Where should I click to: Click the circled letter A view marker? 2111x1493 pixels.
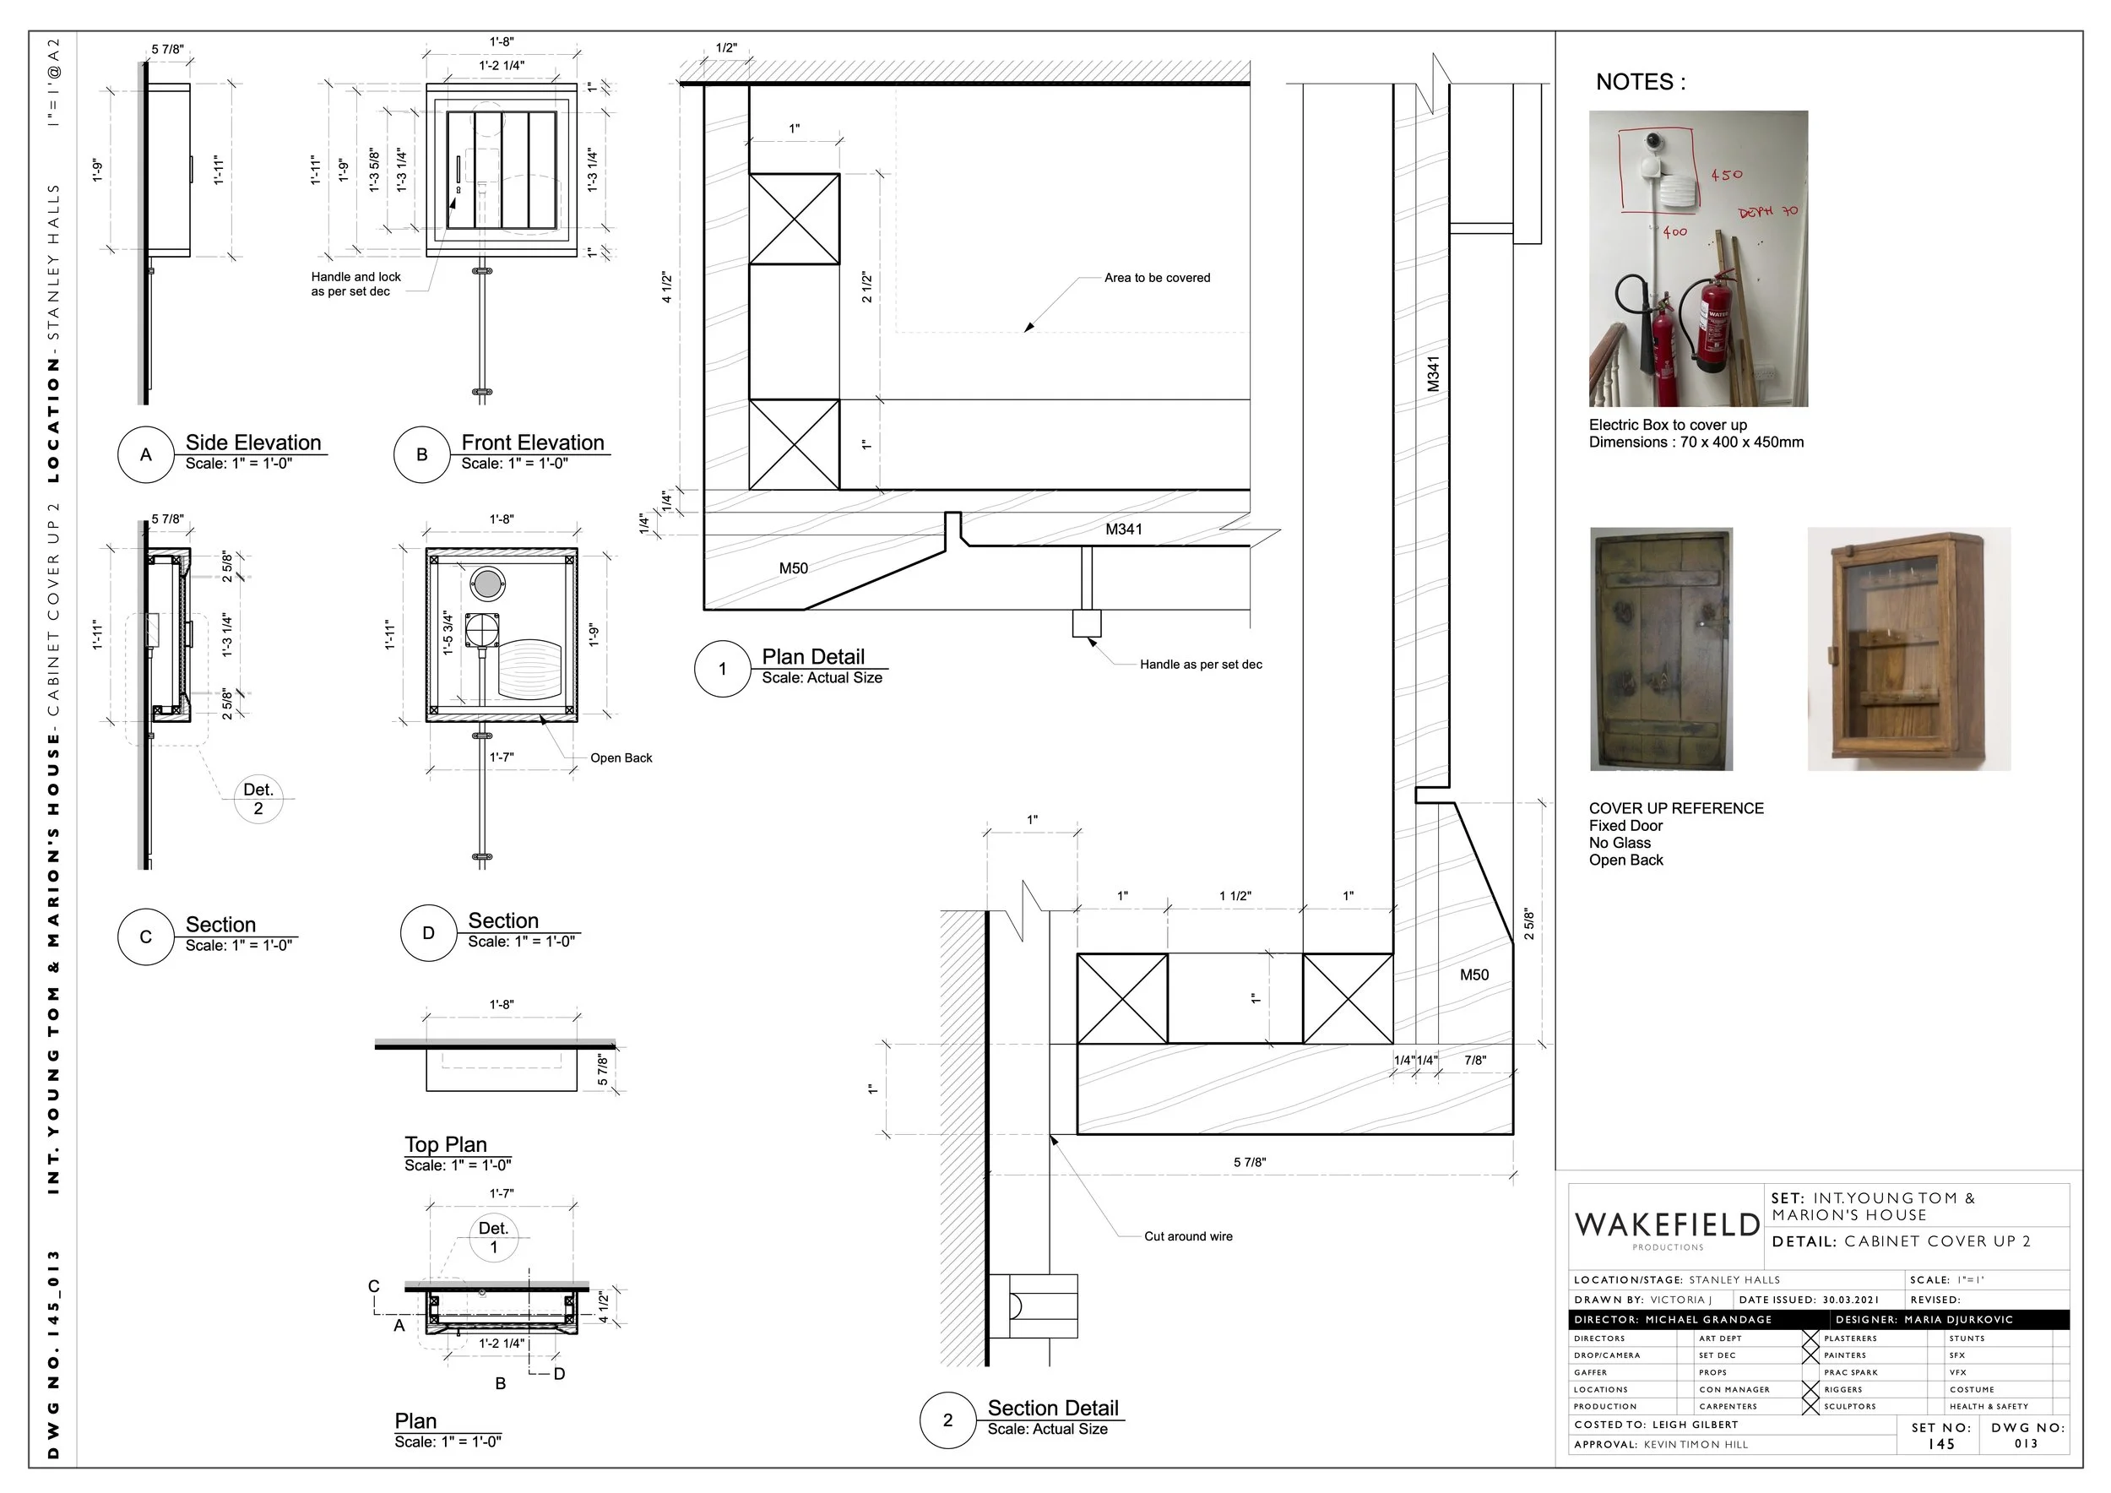pyautogui.click(x=145, y=454)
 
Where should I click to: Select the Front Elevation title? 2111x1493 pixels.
pyautogui.click(x=532, y=443)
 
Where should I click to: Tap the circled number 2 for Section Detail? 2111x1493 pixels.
pyautogui.click(x=947, y=1420)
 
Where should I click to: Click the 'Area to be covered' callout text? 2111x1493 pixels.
pyautogui.click(x=1157, y=278)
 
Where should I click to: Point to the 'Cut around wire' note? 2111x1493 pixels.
pyautogui.click(x=1188, y=1236)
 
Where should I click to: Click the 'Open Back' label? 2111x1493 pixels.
pyautogui.click(x=621, y=758)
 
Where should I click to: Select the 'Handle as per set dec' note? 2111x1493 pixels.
pyautogui.click(x=1200, y=665)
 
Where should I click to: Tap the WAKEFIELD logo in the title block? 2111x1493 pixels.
pyautogui.click(x=1667, y=1225)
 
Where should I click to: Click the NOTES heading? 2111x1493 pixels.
pyautogui.click(x=1641, y=83)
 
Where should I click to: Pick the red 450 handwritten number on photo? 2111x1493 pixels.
pyautogui.click(x=1726, y=175)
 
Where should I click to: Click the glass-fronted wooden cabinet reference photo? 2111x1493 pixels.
pyautogui.click(x=1907, y=649)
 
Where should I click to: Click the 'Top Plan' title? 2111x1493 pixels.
pyautogui.click(x=446, y=1144)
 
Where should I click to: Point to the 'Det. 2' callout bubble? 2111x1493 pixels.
pyautogui.click(x=258, y=799)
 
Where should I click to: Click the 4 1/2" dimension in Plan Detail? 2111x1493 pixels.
pyautogui.click(x=666, y=287)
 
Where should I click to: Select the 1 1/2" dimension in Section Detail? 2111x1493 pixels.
pyautogui.click(x=1235, y=896)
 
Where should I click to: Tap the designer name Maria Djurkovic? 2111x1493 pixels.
pyautogui.click(x=1958, y=1319)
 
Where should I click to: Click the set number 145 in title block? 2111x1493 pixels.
pyautogui.click(x=1941, y=1444)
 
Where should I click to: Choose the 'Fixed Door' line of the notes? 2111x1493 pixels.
pyautogui.click(x=1625, y=826)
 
